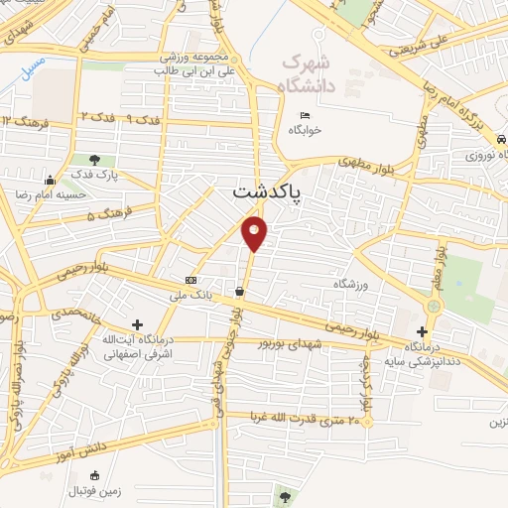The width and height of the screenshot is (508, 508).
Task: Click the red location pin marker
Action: [x=255, y=232]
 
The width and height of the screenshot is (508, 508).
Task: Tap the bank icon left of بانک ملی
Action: [x=190, y=280]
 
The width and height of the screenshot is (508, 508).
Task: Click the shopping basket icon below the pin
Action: [x=240, y=292]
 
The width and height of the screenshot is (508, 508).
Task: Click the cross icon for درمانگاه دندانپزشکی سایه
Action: [x=424, y=331]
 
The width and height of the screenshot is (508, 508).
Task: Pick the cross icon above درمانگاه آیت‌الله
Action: [x=137, y=324]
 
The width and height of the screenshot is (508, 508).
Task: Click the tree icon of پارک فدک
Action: [x=95, y=159]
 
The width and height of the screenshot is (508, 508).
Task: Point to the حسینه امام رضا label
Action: [x=87, y=195]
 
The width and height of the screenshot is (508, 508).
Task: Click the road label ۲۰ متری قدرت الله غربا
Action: [x=298, y=420]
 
